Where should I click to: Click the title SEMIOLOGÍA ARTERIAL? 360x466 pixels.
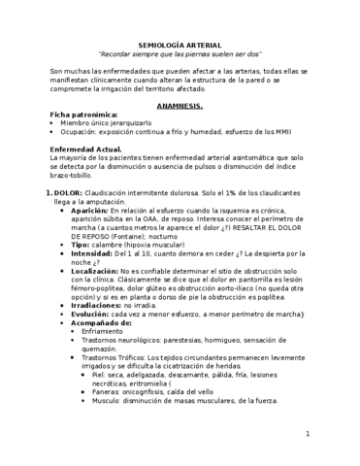point(180,45)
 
